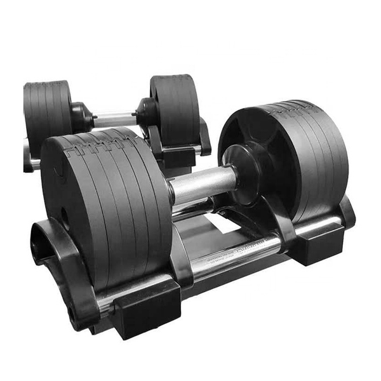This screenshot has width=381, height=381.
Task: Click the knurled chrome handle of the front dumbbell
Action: tap(202, 184)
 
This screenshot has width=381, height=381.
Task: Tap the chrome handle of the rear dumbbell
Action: tap(115, 119)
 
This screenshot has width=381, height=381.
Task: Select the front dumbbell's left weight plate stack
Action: tap(108, 203)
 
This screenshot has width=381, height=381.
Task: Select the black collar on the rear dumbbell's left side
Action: tap(81, 117)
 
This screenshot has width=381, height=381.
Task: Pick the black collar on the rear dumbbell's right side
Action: tap(145, 114)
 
